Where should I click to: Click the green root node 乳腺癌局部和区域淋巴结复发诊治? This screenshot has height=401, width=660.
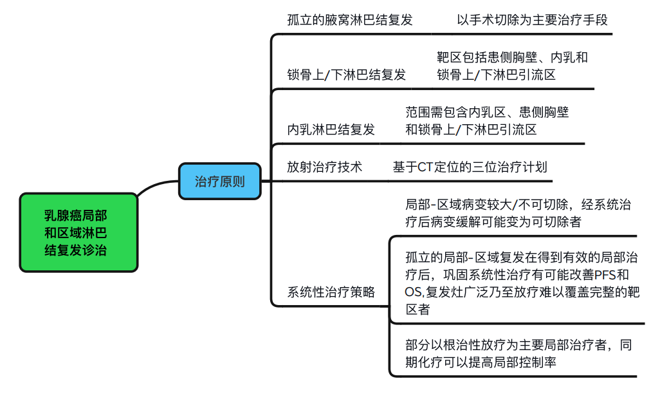point(78,232)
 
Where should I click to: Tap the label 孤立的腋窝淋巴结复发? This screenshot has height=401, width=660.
point(349,19)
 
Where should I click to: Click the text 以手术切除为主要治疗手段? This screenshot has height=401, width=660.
point(532,19)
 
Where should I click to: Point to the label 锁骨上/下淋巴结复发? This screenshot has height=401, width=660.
point(346,75)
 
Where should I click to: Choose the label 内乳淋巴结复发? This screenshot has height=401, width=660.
point(331,129)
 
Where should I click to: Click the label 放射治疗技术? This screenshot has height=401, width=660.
point(324,167)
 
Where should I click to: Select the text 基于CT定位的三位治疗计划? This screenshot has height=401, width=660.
point(470,167)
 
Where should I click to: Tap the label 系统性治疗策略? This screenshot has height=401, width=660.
point(331,292)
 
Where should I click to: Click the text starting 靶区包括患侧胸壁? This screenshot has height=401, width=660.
point(511,66)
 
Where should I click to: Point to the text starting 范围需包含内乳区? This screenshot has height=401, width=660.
point(487,120)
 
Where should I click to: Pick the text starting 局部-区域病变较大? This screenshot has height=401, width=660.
point(518,214)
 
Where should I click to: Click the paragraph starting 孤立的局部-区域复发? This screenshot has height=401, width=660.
point(521,283)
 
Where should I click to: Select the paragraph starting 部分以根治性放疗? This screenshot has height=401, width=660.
point(518,353)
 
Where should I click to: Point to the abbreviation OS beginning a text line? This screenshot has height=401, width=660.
point(412,292)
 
